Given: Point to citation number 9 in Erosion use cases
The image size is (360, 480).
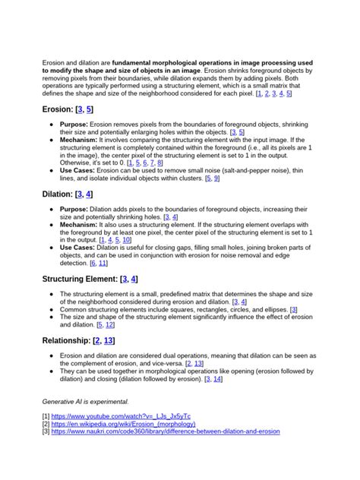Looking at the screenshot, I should pos(217,178).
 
